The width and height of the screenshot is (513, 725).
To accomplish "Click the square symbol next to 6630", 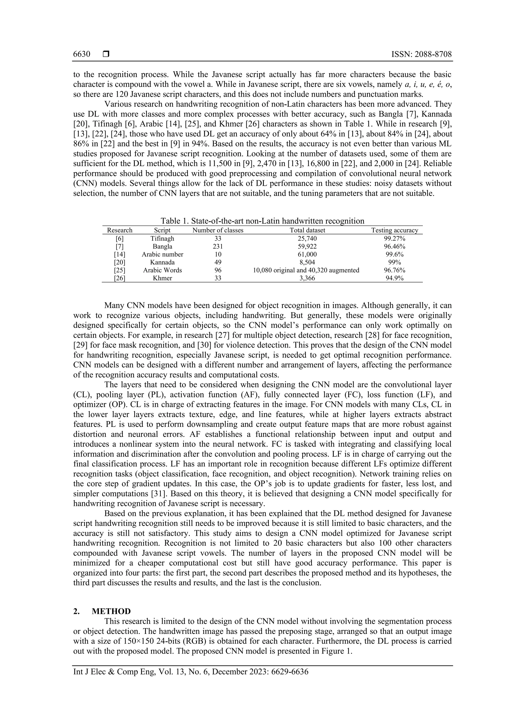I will point(106,54).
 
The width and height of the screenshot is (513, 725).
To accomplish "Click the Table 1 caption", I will point(262,221).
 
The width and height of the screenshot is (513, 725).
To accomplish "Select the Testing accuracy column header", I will point(395,230).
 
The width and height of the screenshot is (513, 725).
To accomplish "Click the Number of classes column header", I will point(218,230).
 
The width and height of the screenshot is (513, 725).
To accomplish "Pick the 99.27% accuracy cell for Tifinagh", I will point(395,238).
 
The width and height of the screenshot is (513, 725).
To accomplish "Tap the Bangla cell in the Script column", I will point(162,246).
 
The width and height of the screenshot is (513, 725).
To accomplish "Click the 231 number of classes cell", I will point(218,246).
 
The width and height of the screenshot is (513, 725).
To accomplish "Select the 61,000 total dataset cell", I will point(307,254).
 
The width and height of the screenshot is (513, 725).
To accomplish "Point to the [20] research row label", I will point(120,262).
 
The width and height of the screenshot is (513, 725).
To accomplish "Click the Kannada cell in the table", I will point(162,262).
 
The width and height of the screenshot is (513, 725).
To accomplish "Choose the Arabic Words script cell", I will point(162,270).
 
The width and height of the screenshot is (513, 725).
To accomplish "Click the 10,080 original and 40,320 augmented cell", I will point(306,270).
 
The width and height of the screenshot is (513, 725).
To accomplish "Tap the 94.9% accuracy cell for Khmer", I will point(395,278).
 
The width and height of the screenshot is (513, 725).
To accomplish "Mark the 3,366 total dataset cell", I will point(307,278).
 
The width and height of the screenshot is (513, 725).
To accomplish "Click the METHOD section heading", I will point(111,611).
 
